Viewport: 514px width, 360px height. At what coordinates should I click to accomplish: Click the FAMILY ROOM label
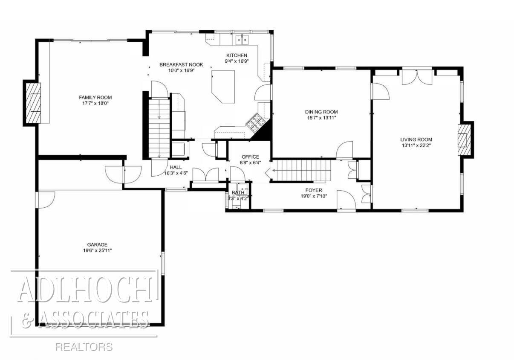[95, 97]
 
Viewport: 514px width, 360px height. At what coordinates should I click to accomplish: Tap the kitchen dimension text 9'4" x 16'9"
[237, 61]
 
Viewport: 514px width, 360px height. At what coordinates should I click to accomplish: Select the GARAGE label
[97, 245]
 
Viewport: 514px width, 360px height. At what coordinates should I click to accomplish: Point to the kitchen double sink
[242, 41]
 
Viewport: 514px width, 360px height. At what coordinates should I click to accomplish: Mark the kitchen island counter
[223, 87]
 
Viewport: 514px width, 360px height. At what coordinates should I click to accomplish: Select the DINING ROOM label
[321, 112]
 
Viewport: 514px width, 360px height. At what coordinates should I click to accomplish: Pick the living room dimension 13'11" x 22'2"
[416, 145]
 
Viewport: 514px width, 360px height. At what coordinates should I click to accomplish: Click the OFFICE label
[250, 157]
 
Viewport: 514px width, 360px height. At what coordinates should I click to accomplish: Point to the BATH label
[238, 192]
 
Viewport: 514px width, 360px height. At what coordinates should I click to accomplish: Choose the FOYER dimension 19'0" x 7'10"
[314, 196]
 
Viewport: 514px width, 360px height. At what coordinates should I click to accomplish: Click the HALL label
[176, 167]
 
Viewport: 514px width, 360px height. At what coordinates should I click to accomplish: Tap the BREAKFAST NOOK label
[181, 64]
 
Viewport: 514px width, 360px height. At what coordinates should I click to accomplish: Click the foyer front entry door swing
[346, 200]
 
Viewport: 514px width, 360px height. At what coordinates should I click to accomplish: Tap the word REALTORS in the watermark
[84, 346]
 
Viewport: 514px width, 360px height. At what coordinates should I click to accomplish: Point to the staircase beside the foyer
[300, 170]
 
